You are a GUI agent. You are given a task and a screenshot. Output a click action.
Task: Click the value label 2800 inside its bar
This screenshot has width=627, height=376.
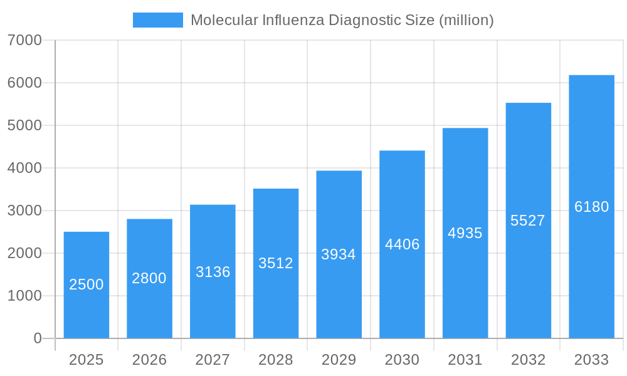point(149,278)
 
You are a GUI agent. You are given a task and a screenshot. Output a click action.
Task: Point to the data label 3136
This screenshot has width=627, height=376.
point(213,272)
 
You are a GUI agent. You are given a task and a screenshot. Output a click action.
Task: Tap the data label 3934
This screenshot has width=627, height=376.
point(339,254)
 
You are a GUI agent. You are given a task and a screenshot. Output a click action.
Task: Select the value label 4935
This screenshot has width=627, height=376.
point(465,233)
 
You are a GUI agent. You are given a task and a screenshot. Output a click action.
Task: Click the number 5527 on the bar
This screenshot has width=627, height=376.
point(528,221)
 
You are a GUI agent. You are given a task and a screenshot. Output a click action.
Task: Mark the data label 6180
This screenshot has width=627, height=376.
point(592,207)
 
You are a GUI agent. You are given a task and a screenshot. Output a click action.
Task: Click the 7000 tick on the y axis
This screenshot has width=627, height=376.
point(24,40)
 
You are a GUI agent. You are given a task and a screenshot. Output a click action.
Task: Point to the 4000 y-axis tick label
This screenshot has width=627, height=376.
point(24,168)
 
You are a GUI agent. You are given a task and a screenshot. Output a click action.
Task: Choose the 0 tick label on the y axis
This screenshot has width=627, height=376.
point(37,338)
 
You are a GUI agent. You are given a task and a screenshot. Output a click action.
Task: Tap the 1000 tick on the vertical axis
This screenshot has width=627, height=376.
point(24,296)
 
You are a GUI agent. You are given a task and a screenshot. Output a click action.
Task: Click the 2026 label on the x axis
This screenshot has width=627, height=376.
point(149,360)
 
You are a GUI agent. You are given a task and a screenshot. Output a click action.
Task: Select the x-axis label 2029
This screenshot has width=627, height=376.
point(339,360)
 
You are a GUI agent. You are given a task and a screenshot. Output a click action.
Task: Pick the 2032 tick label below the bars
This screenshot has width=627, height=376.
point(528,360)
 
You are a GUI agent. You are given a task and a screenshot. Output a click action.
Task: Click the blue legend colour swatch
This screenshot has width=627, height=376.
point(158,20)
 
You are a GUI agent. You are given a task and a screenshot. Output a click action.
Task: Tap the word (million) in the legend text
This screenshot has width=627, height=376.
point(466,20)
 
